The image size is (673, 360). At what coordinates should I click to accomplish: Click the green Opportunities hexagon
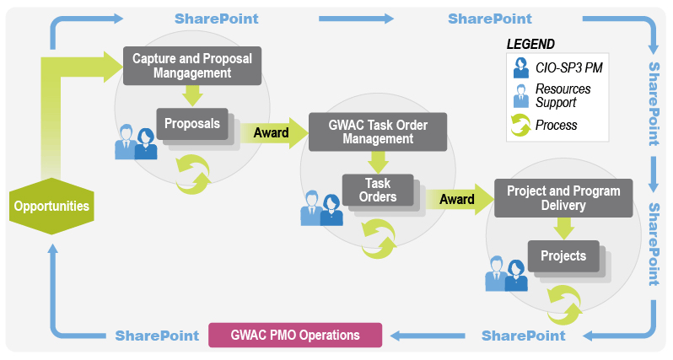51,206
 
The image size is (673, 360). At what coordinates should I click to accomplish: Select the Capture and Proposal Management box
192,66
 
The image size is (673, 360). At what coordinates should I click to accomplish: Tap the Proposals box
192,124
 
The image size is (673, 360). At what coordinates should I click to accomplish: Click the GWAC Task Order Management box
378,132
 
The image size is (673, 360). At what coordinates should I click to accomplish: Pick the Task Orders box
378,190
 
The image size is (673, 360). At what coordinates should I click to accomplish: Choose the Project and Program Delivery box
563,198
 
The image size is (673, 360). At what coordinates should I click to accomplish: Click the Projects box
563,256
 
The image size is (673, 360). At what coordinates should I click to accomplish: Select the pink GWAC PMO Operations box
295,335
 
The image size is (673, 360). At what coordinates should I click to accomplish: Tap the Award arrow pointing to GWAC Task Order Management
274,133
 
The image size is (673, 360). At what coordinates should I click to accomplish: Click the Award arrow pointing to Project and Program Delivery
460,199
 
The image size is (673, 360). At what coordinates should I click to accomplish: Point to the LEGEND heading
530,44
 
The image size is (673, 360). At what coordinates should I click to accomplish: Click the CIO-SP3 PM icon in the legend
521,67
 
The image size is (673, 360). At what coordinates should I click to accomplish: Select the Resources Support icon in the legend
521,96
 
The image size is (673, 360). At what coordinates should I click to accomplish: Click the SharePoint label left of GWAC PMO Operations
157,336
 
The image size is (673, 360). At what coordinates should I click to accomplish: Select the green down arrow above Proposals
192,95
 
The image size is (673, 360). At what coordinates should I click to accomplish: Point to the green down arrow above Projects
563,228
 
